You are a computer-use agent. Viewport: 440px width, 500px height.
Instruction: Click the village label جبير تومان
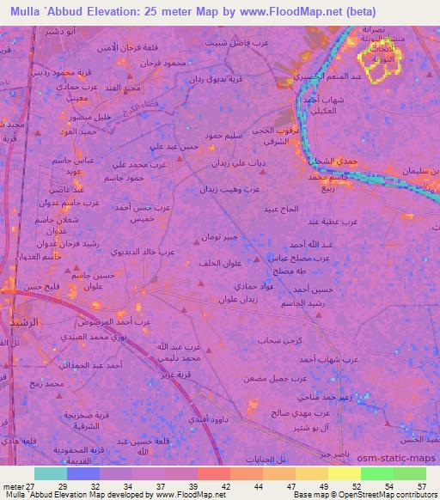click(x=213, y=236)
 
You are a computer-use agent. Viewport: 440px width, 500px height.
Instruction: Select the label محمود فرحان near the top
click(x=161, y=64)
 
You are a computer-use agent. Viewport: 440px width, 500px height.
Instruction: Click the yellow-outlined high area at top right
click(x=379, y=64)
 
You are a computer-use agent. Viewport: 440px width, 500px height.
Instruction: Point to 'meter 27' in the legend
click(x=16, y=486)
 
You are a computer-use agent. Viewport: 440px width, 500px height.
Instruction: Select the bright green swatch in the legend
click(x=376, y=473)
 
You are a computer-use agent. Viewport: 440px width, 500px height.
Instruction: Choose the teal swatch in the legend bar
click(x=51, y=473)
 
